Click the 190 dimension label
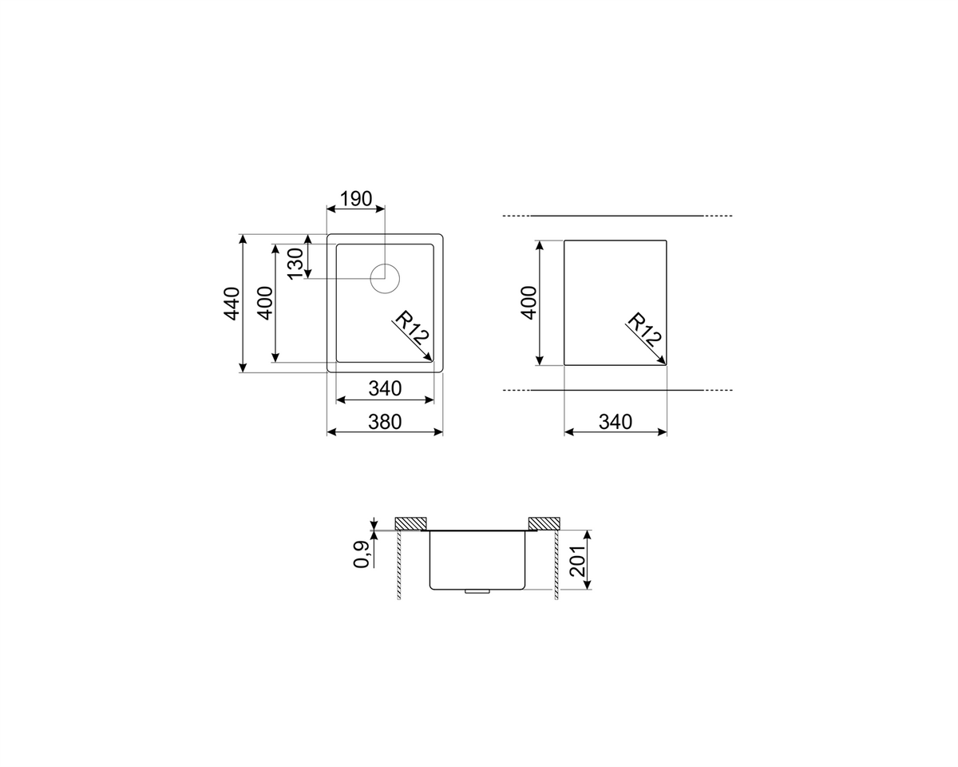tap(356, 199)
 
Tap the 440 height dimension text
tap(232, 304)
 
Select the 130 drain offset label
tap(295, 264)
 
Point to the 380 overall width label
tap(385, 422)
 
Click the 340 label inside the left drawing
tap(385, 388)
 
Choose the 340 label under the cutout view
tap(616, 422)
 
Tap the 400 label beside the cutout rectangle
tap(528, 303)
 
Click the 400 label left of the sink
tap(266, 303)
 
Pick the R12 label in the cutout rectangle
tap(644, 330)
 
